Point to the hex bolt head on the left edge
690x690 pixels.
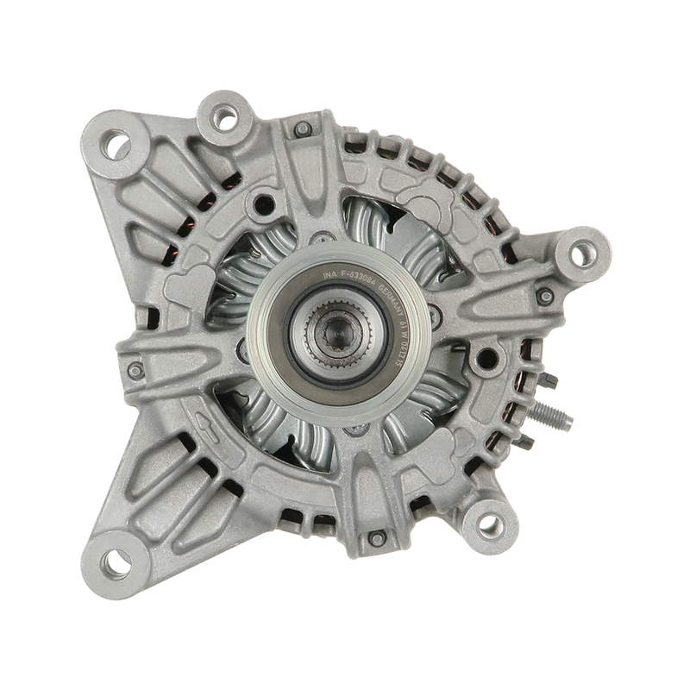[x=133, y=370]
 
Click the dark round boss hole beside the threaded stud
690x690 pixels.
[x=492, y=354]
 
